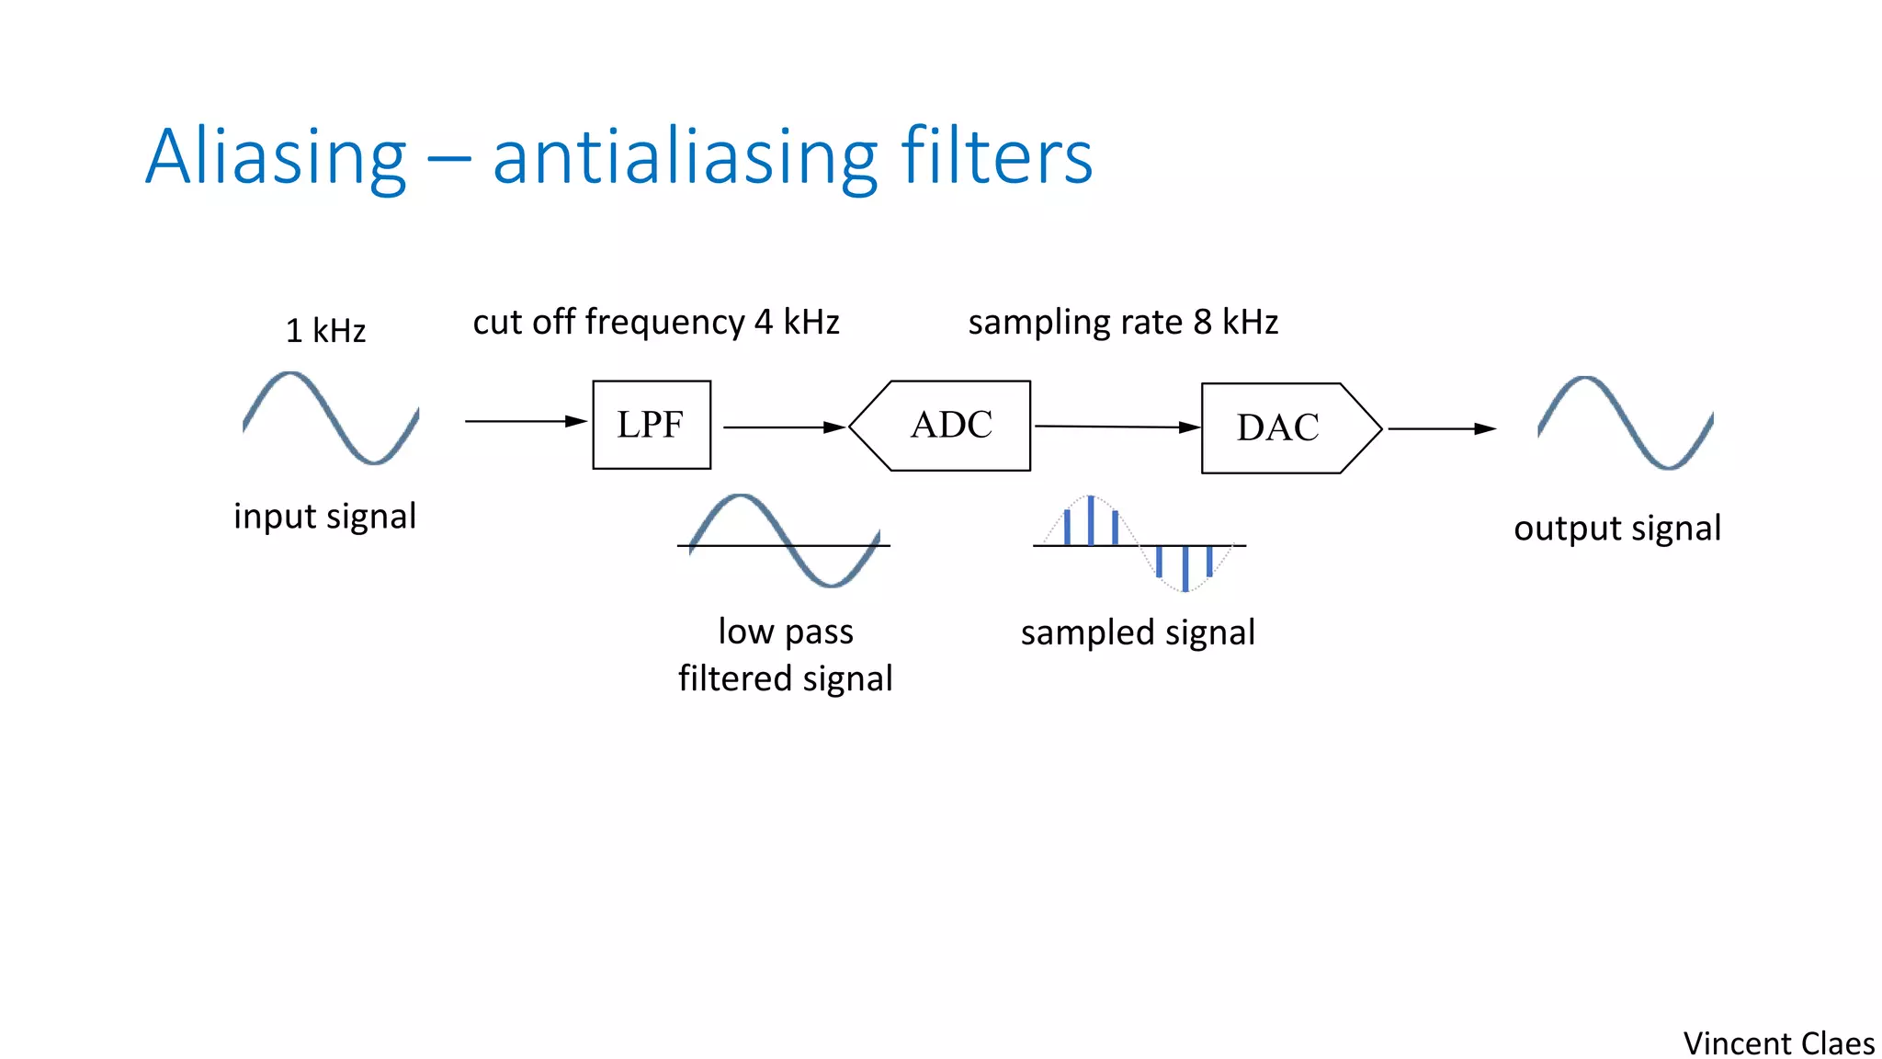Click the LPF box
(652, 425)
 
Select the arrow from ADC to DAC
(1117, 427)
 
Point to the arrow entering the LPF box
(525, 421)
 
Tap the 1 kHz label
(325, 331)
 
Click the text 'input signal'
(324, 517)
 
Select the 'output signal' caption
(1617, 529)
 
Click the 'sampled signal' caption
(1138, 632)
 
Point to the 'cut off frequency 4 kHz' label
(656, 323)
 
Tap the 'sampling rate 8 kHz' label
(1123, 323)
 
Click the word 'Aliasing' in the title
(276, 157)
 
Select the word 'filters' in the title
(997, 157)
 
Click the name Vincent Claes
(1778, 1043)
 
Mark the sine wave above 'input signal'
(331, 418)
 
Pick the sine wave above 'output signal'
(1625, 423)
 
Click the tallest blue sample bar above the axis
(1091, 521)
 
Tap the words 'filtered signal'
(785, 679)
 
